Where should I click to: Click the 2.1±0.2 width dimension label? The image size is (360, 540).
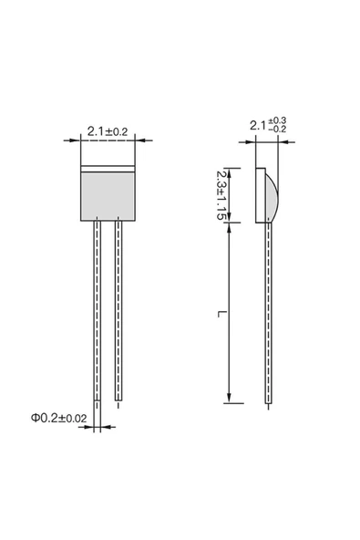point(108,131)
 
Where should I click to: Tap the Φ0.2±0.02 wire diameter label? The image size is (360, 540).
point(59,418)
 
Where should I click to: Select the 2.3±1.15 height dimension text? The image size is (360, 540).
point(221,195)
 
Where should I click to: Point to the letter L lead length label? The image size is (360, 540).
point(221,314)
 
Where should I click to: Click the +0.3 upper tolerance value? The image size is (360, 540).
point(277,120)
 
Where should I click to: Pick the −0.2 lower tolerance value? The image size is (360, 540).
point(277,130)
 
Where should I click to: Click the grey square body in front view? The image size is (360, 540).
point(108,196)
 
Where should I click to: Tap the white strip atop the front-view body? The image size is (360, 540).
point(108,169)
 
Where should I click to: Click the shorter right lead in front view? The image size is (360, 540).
point(118,310)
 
